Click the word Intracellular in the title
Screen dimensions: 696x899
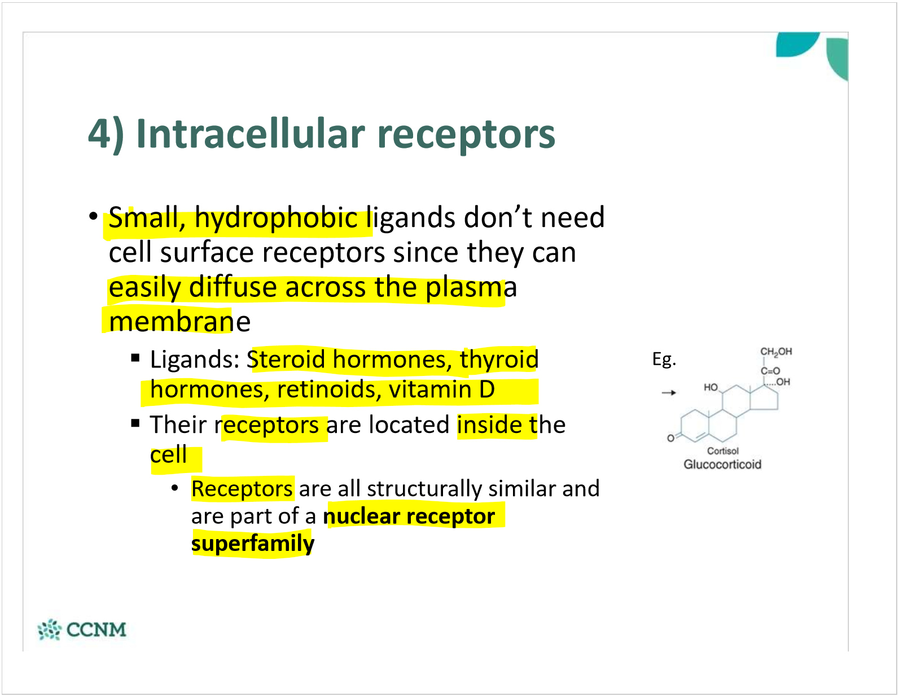click(x=251, y=134)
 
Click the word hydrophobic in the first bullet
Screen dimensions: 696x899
click(x=276, y=218)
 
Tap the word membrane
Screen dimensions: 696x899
click(x=179, y=322)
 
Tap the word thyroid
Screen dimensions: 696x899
click(x=499, y=360)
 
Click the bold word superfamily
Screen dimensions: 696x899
click(x=252, y=544)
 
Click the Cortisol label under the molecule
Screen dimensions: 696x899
click(x=722, y=451)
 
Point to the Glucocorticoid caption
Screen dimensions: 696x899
click(x=722, y=465)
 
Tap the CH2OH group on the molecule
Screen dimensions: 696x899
click(x=776, y=352)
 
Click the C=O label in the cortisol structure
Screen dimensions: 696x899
click(x=770, y=371)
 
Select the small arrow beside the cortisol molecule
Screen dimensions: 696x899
click(x=669, y=392)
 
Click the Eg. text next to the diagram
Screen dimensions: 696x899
click(x=664, y=360)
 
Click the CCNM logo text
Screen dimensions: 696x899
click(x=96, y=629)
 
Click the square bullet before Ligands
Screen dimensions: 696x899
click(x=135, y=357)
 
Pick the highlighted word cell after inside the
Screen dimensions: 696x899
click(x=168, y=455)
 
